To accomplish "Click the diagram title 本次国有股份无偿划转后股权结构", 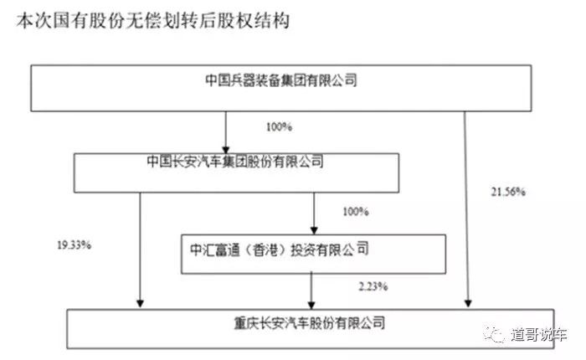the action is (152, 21).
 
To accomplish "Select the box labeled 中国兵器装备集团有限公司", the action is (281, 88).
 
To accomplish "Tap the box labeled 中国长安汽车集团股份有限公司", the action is (236, 172).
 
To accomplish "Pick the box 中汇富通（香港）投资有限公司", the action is (313, 255).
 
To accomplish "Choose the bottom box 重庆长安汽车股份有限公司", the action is (311, 329).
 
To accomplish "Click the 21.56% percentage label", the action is (508, 193).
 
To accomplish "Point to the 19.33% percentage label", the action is (74, 245).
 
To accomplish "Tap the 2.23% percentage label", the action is (373, 286).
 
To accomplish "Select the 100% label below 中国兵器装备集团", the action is (279, 127).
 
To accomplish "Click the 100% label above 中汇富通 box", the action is (356, 212).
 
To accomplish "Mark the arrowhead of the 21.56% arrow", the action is (468, 304).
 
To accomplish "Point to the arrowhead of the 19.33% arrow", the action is (140, 304).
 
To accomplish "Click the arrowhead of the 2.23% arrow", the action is (311, 305).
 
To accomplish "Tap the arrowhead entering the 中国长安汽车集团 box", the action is (226, 149).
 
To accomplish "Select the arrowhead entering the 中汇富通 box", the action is (314, 230).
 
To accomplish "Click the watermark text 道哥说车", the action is (539, 334).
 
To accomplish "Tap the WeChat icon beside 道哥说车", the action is (495, 334).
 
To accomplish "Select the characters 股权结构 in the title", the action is (254, 21).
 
